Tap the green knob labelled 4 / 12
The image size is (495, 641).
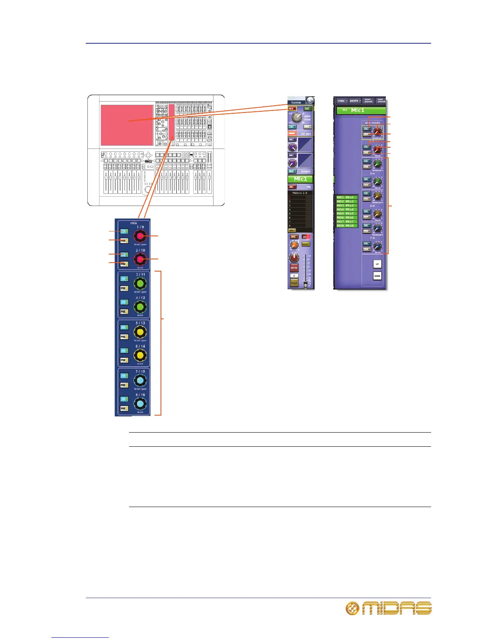140,307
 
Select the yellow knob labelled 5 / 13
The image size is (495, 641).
140,332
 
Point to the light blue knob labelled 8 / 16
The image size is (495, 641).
140,404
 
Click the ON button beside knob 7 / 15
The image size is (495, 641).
124,376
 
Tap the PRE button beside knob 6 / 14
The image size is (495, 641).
124,360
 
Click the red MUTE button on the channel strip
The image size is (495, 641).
294,268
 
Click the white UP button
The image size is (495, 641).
377,264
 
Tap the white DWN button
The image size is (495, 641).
377,276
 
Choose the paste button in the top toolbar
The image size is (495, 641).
355,101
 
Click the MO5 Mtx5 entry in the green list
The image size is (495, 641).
345,214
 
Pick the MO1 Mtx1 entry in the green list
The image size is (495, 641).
345,197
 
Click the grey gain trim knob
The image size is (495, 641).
297,117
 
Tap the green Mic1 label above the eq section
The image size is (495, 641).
300,179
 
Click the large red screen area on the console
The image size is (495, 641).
127,125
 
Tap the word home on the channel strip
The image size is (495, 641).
296,102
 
